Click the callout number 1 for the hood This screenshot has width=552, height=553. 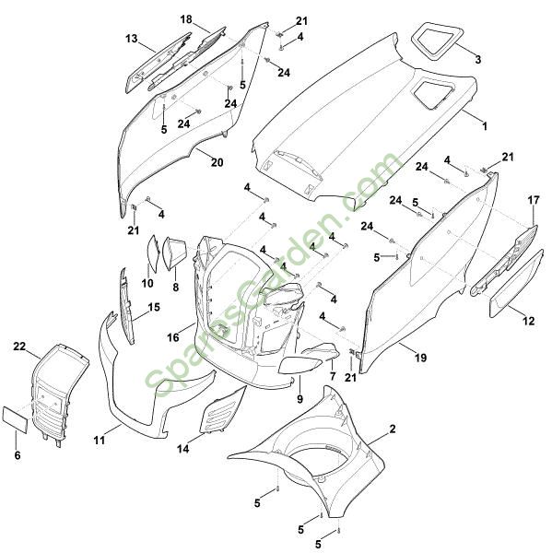[x=485, y=126]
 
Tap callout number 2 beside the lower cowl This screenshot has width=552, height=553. [x=393, y=429]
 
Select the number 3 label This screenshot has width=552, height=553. [x=478, y=59]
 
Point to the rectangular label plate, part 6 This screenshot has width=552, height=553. [x=15, y=418]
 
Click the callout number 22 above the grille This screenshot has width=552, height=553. [x=19, y=347]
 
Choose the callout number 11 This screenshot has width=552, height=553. [x=100, y=441]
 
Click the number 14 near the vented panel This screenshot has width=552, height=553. [x=183, y=449]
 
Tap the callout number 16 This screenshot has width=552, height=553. [x=173, y=338]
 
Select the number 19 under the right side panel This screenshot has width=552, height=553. [x=420, y=358]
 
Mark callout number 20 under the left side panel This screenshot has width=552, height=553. [x=217, y=162]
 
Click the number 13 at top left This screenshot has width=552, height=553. [x=132, y=39]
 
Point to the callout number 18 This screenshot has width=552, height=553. [x=186, y=19]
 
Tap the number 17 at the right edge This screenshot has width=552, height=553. [x=534, y=200]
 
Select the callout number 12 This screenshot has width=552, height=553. [x=529, y=321]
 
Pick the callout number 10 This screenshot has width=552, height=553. [x=147, y=283]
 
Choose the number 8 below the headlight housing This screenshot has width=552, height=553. [x=176, y=288]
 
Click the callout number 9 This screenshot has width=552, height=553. [x=299, y=399]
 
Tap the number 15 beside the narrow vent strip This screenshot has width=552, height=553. [x=154, y=307]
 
